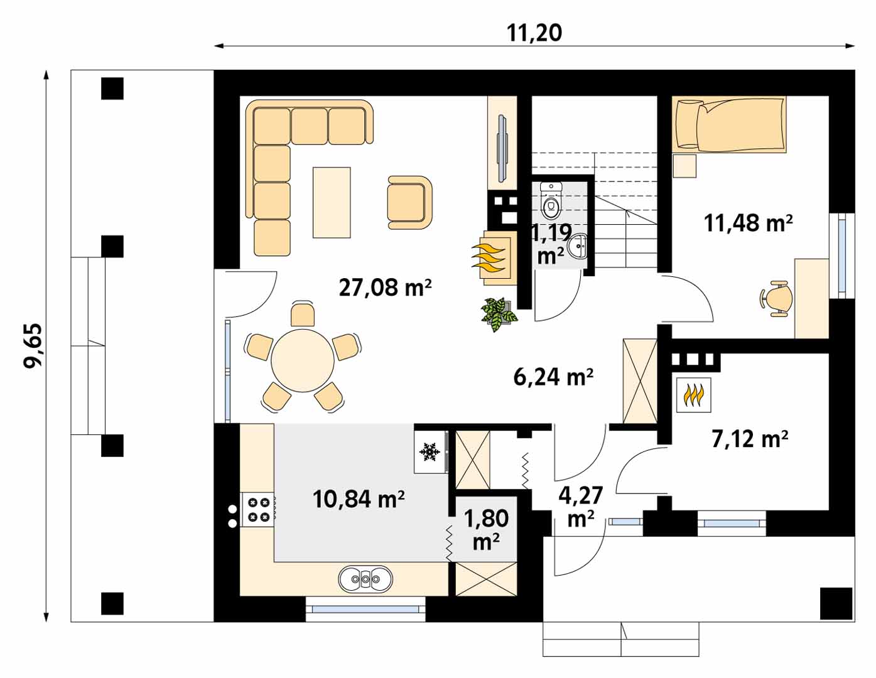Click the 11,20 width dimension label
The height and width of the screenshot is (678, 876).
coord(534,33)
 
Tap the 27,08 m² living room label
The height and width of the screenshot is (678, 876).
coord(385,288)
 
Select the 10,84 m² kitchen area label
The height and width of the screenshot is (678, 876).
coord(359,499)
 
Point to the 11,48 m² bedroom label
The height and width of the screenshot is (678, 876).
coord(748,223)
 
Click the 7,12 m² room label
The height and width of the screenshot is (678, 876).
coord(750,439)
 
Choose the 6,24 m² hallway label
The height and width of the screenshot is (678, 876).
coord(553,377)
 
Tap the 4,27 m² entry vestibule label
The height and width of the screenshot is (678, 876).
coord(581,507)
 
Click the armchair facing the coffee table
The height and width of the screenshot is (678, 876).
coord(409,202)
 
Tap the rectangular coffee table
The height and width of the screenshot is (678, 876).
coord(332,202)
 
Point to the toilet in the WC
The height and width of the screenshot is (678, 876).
coord(551,200)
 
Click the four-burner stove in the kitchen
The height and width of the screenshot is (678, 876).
coord(259,509)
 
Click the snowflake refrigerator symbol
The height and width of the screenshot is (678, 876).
coord(430,451)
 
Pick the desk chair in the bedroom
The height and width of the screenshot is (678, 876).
coord(777,298)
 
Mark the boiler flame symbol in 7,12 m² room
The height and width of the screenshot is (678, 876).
coord(693,395)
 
